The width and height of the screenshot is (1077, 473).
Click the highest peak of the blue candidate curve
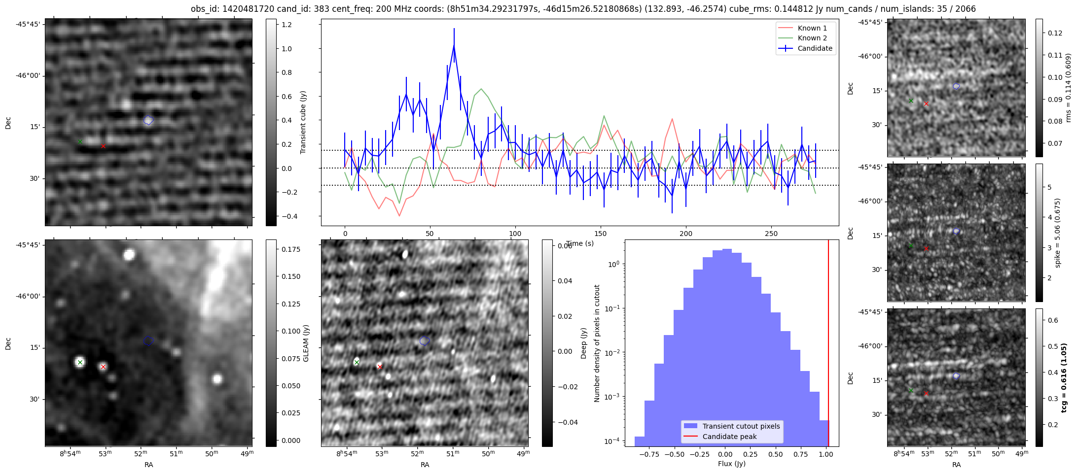[x=454, y=45]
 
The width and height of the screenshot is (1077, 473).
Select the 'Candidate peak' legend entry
[x=729, y=437]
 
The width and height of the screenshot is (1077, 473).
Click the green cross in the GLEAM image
[x=80, y=362]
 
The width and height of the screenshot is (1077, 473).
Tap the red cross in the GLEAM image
[x=103, y=367]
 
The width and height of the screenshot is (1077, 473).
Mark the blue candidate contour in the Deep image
[x=425, y=340]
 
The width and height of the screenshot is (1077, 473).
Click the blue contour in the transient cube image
[x=148, y=120]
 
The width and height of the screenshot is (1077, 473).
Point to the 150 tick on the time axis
[x=601, y=234]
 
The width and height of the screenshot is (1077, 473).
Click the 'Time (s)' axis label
[x=580, y=243]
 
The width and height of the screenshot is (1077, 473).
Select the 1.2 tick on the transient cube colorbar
[x=287, y=25]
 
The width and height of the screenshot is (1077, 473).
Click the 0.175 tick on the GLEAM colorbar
[x=291, y=249]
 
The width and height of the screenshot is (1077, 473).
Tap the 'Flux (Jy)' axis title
[x=732, y=464]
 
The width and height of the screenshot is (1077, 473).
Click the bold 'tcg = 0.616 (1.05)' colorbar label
[x=1064, y=378]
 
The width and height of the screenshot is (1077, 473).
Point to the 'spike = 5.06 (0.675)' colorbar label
[x=1057, y=233]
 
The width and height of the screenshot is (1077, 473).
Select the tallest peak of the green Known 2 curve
[x=481, y=89]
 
